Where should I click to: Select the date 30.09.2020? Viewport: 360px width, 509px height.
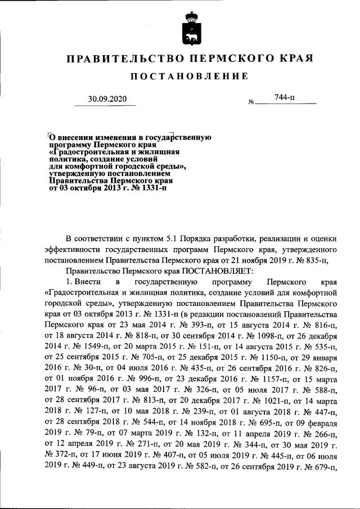pos(108,99)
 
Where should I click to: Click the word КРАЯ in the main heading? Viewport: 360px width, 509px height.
pos(296,58)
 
